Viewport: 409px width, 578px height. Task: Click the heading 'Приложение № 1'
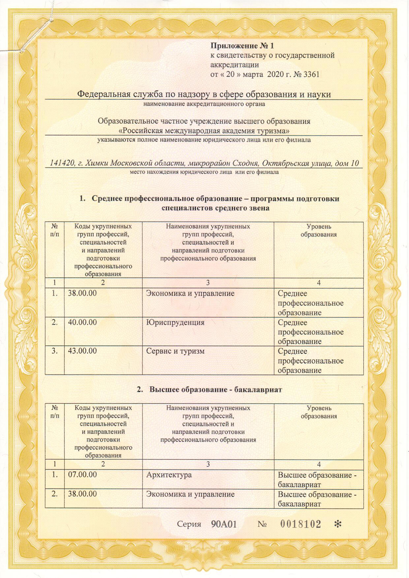(x=242, y=46)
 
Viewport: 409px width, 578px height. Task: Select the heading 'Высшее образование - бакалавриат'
(x=209, y=390)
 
